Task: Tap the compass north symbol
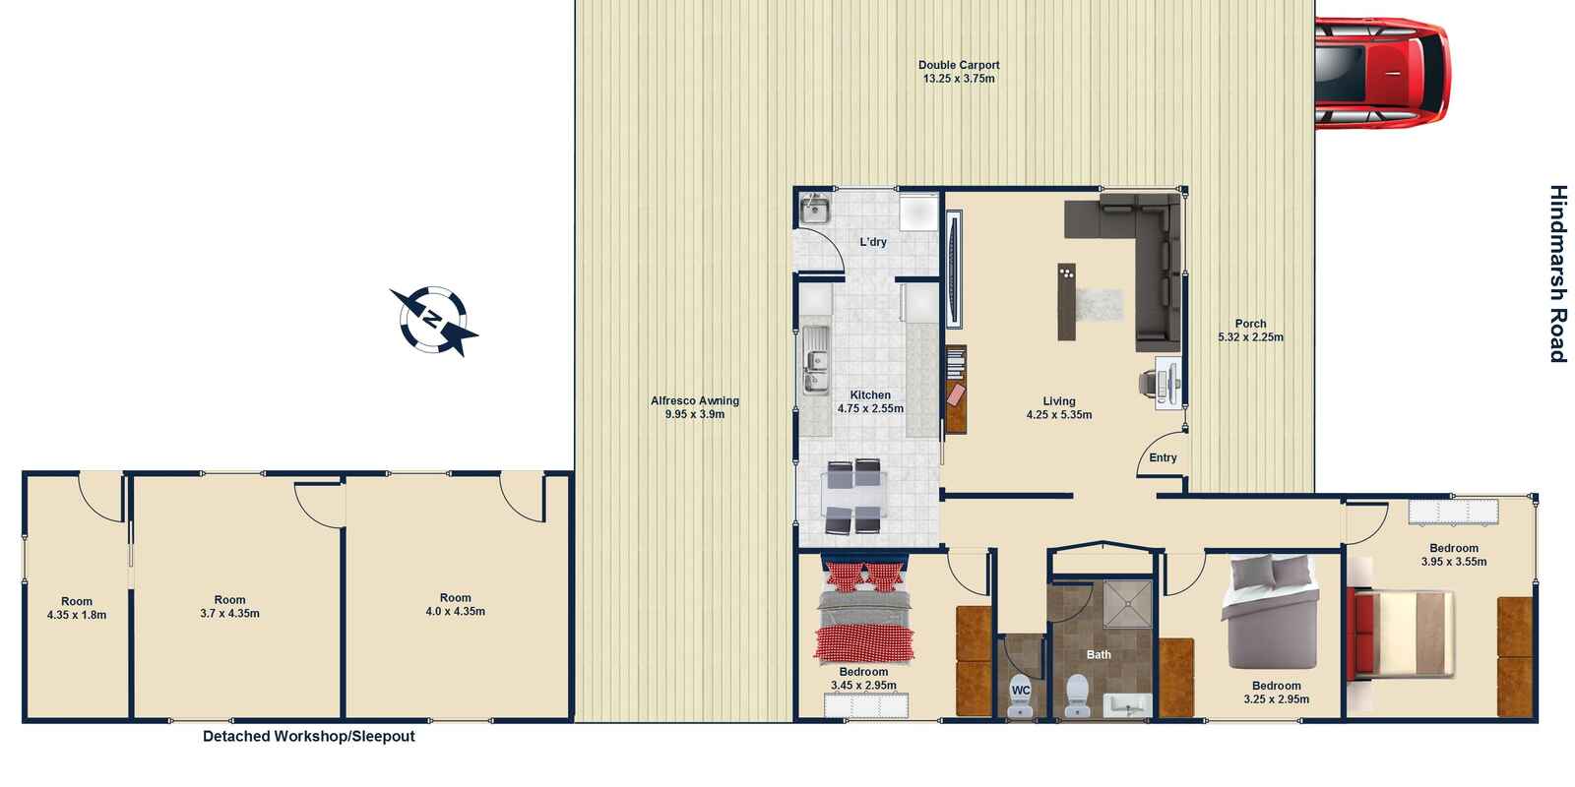click(434, 319)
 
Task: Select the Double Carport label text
click(959, 65)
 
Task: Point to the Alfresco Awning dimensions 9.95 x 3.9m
click(694, 414)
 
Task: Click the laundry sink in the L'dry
click(815, 210)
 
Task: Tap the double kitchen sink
click(815, 361)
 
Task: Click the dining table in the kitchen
click(853, 498)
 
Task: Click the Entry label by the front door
click(1163, 457)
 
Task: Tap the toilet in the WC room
click(1021, 696)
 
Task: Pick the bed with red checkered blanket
click(864, 615)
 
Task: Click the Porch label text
click(1250, 324)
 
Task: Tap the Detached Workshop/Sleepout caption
click(308, 736)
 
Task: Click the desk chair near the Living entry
click(1149, 381)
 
